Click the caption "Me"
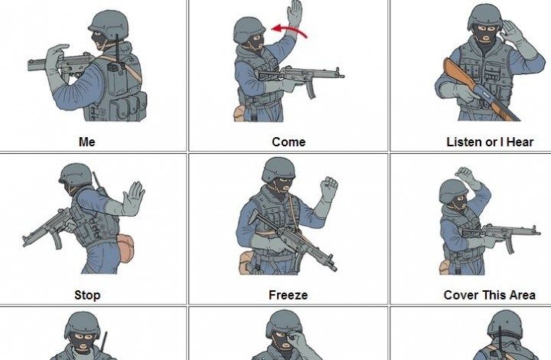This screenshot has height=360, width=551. point(86,142)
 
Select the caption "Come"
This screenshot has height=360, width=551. point(289,142)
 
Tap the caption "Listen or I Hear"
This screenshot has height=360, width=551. point(490,142)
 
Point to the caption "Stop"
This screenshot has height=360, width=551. point(87,295)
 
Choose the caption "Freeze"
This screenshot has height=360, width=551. point(289,295)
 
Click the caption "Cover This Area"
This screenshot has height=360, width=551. point(490,295)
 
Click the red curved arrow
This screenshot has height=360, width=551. point(289,30)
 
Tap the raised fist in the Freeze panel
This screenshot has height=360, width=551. point(329,188)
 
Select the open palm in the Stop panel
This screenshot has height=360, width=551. point(133,198)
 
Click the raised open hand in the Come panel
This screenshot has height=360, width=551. point(295,13)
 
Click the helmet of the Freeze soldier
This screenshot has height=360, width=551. point(279,169)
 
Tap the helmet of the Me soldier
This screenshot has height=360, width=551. point(109,24)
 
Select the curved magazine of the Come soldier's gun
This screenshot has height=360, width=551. point(311,89)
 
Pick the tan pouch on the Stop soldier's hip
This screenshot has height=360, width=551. point(126,248)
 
